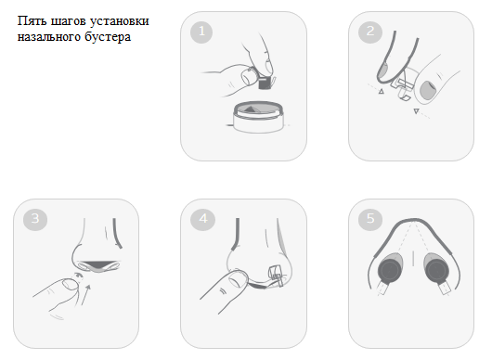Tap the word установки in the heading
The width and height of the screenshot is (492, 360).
(x=119, y=21)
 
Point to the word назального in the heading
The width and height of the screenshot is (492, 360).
(x=48, y=37)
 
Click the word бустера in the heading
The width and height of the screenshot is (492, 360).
(x=108, y=36)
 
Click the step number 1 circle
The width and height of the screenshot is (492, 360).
(x=201, y=32)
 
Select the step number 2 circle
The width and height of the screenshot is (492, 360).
(x=370, y=32)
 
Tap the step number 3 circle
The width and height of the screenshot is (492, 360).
(x=35, y=219)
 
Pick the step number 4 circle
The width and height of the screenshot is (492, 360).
(x=202, y=219)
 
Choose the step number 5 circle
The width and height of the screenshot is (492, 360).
(x=370, y=219)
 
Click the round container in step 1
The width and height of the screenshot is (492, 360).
(x=258, y=116)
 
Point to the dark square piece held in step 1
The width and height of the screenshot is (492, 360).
(x=265, y=84)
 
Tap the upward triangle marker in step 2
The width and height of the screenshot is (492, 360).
(x=382, y=91)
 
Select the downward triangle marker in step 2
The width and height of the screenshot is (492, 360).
(x=416, y=111)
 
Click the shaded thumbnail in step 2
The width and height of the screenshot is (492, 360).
(x=428, y=89)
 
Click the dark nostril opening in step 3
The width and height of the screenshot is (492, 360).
(x=99, y=264)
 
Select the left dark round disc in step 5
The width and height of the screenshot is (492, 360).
(x=390, y=269)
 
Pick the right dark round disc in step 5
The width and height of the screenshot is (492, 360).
(x=436, y=269)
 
